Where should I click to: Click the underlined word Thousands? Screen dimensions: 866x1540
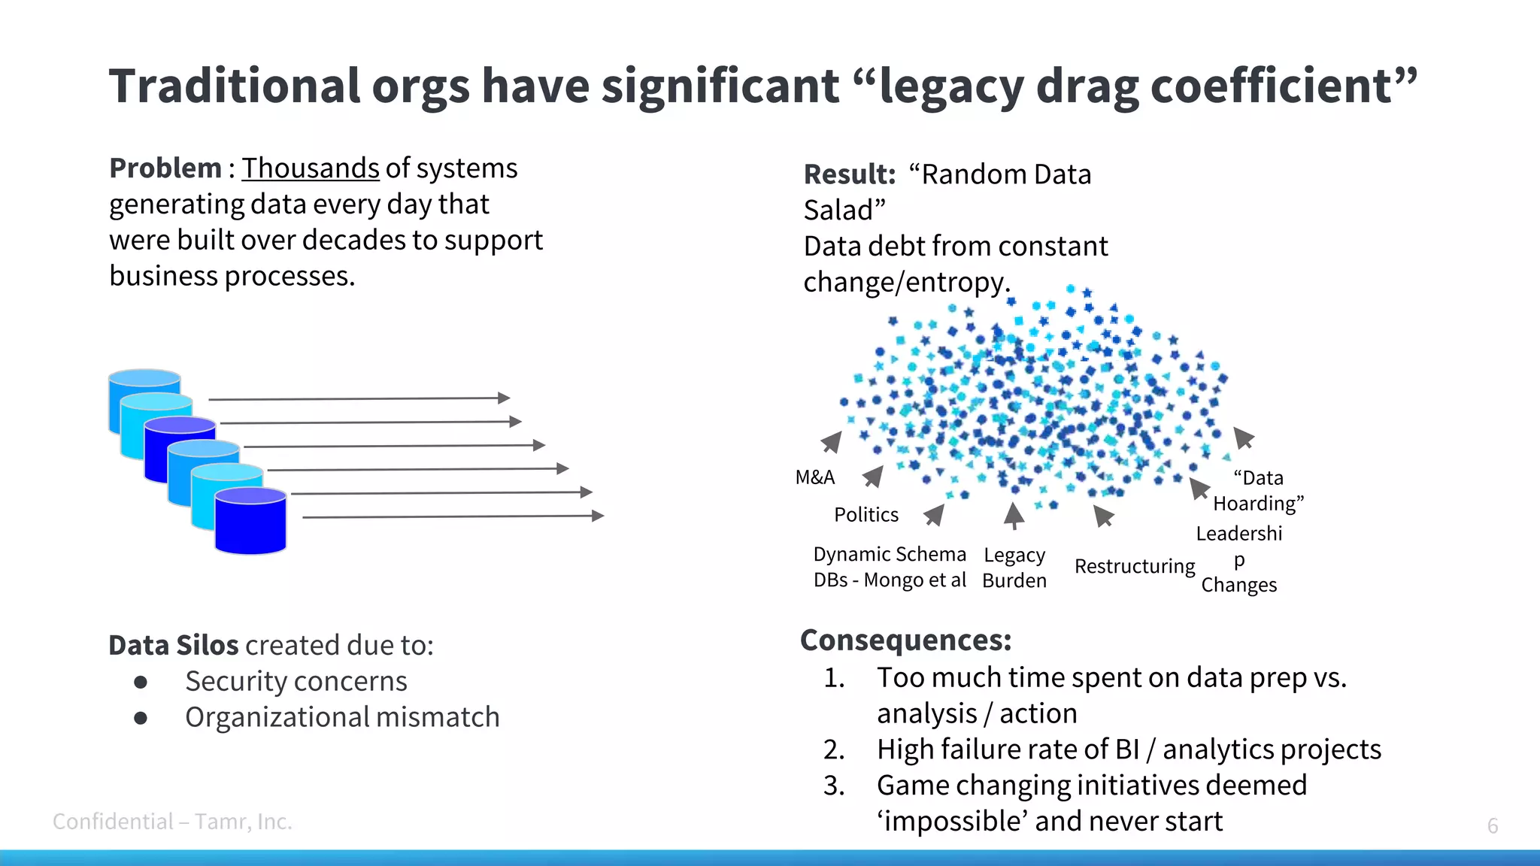[x=310, y=168]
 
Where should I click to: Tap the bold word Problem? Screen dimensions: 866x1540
[x=165, y=168]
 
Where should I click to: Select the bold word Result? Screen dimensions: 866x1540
[x=850, y=174]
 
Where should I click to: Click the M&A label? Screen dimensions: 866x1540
[x=815, y=477]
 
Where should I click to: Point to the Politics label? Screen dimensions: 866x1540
[x=866, y=515]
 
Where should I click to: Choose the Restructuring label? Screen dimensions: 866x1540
[x=1135, y=566]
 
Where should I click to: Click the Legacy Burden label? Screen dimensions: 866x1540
[x=1014, y=568]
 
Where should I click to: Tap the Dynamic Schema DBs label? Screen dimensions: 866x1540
[x=890, y=567]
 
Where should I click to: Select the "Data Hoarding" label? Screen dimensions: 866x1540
[x=1258, y=490]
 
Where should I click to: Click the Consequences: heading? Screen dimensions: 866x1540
[x=906, y=640]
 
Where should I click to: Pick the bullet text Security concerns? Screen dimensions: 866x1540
[x=296, y=681]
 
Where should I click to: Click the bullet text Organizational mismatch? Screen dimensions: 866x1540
[x=342, y=717]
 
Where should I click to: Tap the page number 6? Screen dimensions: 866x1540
[x=1493, y=825]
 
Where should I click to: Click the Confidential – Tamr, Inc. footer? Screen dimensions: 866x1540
[x=172, y=822]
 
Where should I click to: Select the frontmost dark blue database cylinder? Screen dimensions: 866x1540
[x=250, y=522]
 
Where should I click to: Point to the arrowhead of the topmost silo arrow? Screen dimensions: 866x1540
[x=504, y=398]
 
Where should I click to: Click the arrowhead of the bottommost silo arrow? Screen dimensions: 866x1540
[x=598, y=516]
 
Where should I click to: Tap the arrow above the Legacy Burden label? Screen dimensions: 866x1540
[x=1014, y=516]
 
